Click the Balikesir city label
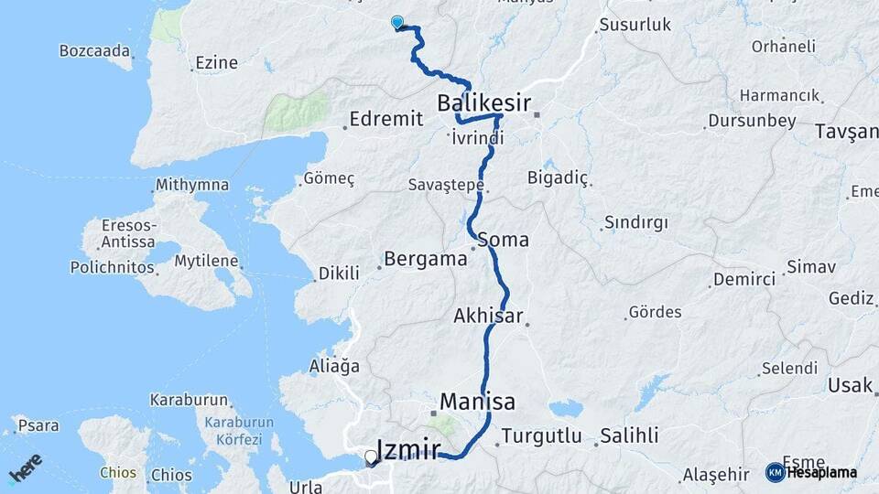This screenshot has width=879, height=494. tap(483, 103)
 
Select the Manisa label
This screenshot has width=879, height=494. tap(477, 402)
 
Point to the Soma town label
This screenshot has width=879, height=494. tap(503, 240)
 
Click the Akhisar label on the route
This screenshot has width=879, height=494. tap(488, 317)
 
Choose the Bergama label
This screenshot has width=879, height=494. tap(426, 259)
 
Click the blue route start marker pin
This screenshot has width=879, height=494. tap(397, 23)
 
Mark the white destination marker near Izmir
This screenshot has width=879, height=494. tap(371, 457)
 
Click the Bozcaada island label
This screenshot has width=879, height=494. tap(94, 51)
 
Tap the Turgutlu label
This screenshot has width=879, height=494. tap(542, 436)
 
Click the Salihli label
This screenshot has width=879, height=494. tap(629, 436)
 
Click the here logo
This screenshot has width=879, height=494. tap(25, 467)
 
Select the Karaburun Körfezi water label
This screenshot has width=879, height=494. tap(233, 431)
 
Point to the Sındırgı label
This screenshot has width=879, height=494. tap(635, 223)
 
